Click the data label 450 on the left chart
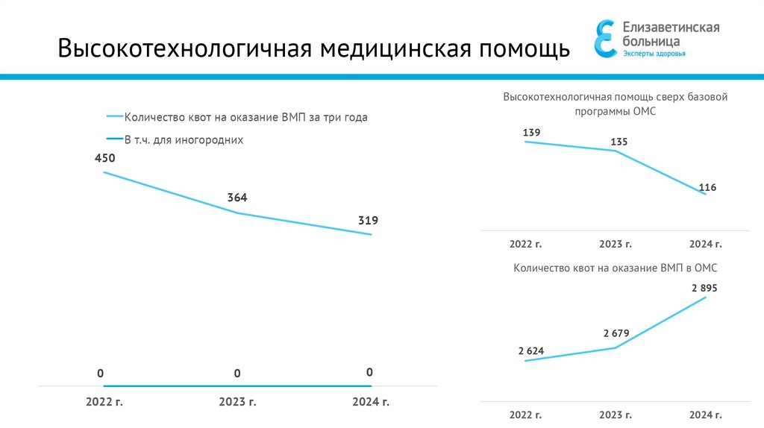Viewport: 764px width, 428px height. coord(104,158)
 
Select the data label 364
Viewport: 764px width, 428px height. coord(237,198)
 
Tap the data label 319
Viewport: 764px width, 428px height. coord(368,220)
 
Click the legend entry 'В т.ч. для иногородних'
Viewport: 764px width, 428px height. coord(184,139)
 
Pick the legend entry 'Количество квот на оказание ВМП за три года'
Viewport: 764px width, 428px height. coord(245,117)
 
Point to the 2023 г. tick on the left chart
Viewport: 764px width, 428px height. coord(237,402)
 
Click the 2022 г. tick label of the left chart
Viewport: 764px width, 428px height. coord(104,402)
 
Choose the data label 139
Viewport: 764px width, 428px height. coord(531,133)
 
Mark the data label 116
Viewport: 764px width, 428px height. coord(707,188)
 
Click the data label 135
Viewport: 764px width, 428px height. coord(619,142)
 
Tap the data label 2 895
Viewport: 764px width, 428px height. coord(704,288)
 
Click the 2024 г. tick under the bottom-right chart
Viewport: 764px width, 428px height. coord(706,414)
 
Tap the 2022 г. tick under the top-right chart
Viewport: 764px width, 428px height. coord(525,244)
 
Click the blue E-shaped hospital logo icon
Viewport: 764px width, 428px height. coord(605,38)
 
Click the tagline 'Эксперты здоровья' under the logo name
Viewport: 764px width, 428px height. coord(654,54)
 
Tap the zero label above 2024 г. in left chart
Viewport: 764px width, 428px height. coord(369,372)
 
